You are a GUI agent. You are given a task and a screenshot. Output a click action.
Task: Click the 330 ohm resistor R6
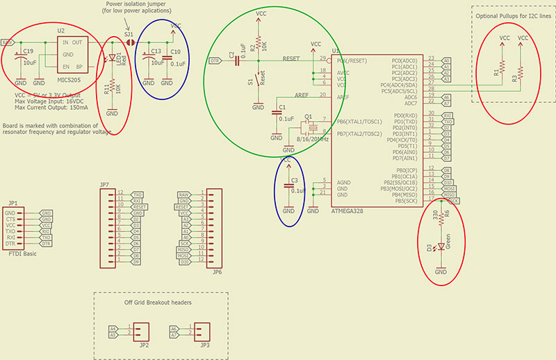tap(440, 217)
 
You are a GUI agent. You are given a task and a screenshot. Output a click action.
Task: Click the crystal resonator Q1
tap(309, 127)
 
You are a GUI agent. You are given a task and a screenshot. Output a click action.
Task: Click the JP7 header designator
tap(104, 184)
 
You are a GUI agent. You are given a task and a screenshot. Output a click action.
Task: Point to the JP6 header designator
tap(218, 272)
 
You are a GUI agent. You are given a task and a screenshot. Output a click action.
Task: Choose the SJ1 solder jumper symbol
tap(129, 44)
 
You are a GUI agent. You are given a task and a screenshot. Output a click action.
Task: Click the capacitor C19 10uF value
tap(30, 62)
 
